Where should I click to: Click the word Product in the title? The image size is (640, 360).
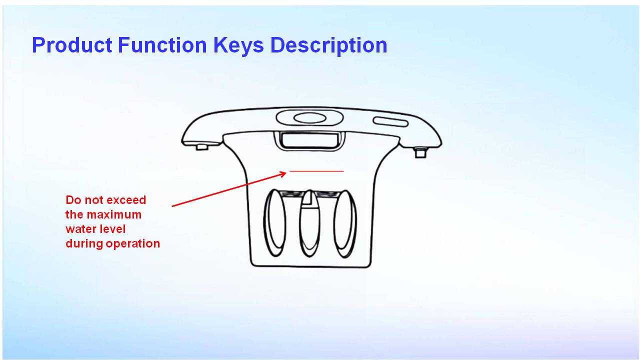pyautogui.click(x=72, y=45)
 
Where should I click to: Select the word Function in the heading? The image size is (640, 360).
pyautogui.click(x=162, y=45)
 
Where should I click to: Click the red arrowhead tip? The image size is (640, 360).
pyautogui.click(x=286, y=172)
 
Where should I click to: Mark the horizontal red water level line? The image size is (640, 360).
pyautogui.click(x=316, y=171)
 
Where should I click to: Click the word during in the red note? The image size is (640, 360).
pyautogui.click(x=84, y=243)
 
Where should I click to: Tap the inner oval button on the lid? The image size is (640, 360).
pyautogui.click(x=309, y=117)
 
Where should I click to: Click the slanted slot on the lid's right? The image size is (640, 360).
pyautogui.click(x=390, y=121)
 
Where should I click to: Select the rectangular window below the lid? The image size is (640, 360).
pyautogui.click(x=309, y=140)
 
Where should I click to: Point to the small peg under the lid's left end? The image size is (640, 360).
pyautogui.click(x=202, y=147)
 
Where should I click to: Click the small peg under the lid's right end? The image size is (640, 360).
pyautogui.click(x=420, y=152)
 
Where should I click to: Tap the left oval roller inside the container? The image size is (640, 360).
pyautogui.click(x=275, y=223)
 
